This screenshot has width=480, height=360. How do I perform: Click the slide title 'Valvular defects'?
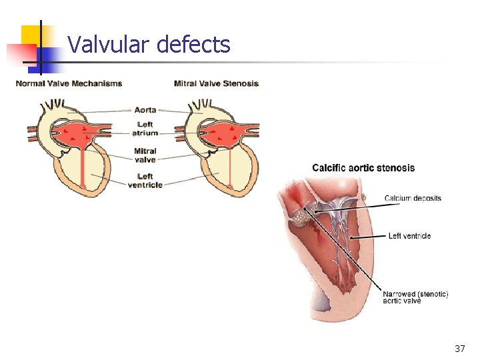(x=149, y=45)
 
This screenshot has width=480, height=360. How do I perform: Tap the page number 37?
(x=459, y=349)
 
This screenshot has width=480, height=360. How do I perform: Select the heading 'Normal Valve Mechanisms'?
(x=69, y=83)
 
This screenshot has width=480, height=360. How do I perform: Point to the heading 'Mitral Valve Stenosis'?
(x=216, y=83)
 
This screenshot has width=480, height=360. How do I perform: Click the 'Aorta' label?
(x=145, y=110)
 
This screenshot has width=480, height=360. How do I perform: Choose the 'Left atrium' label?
(x=145, y=129)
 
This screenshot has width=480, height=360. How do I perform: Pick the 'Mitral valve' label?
(x=145, y=155)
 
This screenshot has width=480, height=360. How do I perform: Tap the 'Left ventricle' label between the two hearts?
(x=145, y=181)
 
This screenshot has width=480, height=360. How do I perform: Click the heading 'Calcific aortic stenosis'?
(x=363, y=168)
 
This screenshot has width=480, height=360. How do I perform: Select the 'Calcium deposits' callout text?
(x=413, y=198)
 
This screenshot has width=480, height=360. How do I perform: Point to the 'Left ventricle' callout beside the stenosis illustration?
(x=409, y=235)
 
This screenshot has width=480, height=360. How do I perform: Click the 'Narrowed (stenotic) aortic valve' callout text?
(x=415, y=297)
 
